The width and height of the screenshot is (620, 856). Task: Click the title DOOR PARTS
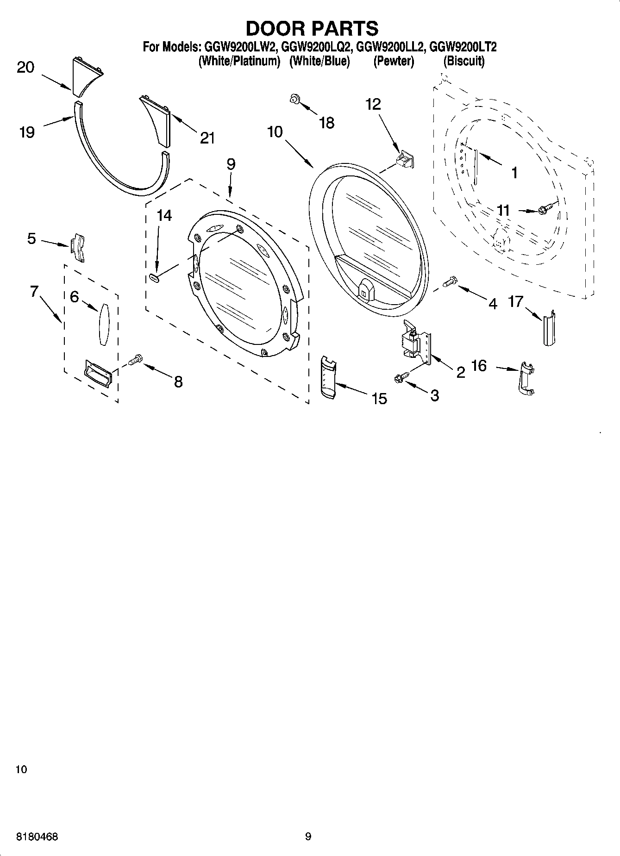click(x=312, y=28)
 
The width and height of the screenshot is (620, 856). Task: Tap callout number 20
click(x=25, y=68)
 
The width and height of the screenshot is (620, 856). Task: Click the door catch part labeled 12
click(x=404, y=160)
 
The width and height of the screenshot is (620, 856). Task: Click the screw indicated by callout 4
click(x=450, y=281)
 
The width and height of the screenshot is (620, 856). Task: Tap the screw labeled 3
click(x=401, y=377)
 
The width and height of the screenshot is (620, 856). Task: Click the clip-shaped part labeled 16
click(x=525, y=378)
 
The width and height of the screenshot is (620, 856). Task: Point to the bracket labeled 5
click(x=78, y=248)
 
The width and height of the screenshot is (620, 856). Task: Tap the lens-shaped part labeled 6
click(x=103, y=324)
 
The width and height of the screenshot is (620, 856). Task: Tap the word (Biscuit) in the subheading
click(x=464, y=61)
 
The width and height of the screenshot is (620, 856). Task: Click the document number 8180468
click(x=37, y=837)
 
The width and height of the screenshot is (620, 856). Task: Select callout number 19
click(x=27, y=133)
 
